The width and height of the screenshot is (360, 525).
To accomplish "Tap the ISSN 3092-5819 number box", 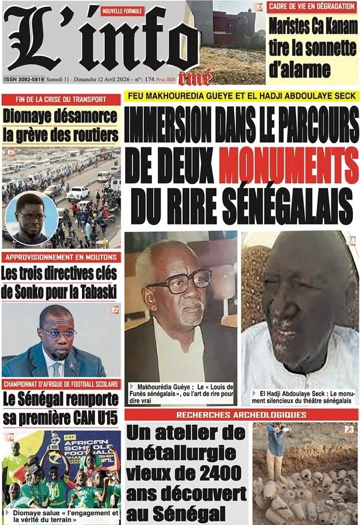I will [24, 79].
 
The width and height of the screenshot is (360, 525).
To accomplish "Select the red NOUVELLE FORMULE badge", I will [122, 11].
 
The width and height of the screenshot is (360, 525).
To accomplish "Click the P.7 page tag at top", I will [259, 7].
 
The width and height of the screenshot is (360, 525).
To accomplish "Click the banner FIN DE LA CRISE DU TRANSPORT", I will [61, 99].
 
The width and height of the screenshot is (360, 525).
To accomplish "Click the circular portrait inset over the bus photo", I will [31, 219].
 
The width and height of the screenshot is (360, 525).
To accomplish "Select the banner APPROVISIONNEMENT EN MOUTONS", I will [61, 257].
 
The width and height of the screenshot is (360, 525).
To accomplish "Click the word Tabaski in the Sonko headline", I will [95, 292].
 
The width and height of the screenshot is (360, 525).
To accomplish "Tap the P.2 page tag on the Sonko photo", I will [115, 310].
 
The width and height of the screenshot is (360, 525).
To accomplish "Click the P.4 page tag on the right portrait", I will [351, 241].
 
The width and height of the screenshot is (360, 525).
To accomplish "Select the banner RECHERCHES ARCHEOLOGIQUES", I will [241, 415].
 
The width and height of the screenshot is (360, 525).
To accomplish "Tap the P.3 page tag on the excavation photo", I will [349, 429].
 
